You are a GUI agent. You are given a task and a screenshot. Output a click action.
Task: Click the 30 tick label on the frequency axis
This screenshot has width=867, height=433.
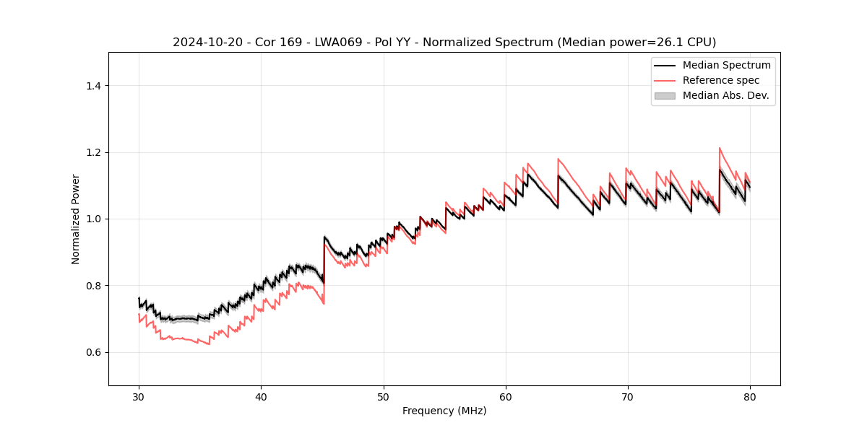coord(139,397)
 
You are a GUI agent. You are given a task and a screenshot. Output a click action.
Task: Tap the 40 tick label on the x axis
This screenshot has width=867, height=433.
coord(261,397)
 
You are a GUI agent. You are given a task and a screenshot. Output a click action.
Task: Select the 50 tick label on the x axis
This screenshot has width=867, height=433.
coord(383,397)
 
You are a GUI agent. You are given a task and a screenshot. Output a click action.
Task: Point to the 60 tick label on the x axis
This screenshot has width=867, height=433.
coord(506,397)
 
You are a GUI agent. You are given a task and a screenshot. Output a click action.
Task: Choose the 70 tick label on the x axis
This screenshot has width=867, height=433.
coord(628,397)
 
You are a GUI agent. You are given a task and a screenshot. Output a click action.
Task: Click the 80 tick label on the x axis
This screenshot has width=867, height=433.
coord(750,397)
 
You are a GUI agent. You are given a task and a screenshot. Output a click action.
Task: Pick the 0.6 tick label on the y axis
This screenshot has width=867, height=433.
coord(92,352)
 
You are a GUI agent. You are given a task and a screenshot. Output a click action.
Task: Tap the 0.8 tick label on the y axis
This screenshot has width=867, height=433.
coord(92,286)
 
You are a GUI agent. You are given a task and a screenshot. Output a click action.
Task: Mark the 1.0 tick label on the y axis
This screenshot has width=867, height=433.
coord(92,219)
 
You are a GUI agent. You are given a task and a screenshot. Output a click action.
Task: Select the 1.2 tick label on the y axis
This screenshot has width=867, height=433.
coord(92,152)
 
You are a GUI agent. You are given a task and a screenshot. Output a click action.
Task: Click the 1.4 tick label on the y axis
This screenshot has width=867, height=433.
coord(92,86)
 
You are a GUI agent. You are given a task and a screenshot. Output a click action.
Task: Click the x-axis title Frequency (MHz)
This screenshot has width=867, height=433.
coord(444,411)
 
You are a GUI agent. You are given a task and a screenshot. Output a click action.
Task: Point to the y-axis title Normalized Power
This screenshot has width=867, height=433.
coord(76,219)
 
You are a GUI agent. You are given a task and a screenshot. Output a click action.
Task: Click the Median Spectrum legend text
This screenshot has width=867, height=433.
coord(726,65)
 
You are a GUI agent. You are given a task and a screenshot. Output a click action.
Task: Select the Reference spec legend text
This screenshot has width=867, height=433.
coord(720,80)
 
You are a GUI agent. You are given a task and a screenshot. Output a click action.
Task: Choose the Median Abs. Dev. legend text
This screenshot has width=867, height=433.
coord(726,95)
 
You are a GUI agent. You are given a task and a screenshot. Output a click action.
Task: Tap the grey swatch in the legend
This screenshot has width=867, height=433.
coord(665,95)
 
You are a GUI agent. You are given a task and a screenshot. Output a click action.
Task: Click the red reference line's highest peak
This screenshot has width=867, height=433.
coord(720,148)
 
